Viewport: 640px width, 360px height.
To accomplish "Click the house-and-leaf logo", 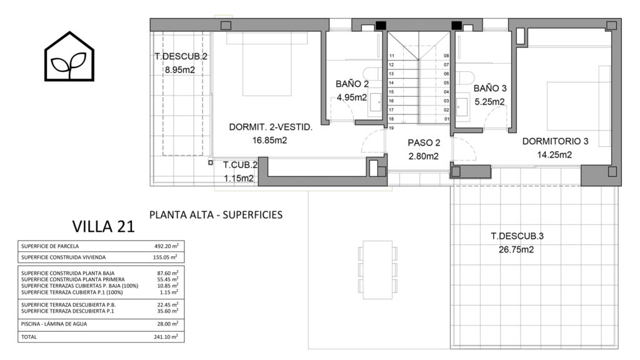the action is [69, 56].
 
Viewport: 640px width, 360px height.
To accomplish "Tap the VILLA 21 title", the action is [103, 226].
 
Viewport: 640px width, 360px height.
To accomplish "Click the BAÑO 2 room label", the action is [352, 84].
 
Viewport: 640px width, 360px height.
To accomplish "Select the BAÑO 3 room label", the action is [490, 88].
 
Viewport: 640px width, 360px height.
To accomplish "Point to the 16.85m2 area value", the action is [269, 141].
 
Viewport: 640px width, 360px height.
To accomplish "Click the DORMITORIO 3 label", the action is [555, 141].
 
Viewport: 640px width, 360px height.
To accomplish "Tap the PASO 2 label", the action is [424, 143].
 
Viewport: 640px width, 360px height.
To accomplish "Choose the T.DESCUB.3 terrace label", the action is [517, 236].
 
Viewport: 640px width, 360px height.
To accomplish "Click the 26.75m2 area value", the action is [516, 250].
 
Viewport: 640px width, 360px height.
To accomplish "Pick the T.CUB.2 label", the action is [240, 165].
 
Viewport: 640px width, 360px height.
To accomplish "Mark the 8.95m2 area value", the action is [179, 70].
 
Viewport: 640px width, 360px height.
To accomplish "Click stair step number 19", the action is [391, 128].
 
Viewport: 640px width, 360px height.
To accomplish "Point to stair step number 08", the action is [446, 56].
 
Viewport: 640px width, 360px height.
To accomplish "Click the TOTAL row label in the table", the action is [29, 337].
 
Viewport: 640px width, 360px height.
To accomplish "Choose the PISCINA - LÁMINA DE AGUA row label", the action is [54, 324].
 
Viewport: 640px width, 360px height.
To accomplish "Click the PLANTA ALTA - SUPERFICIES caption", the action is [216, 215].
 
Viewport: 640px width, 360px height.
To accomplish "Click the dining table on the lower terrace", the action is [377, 269].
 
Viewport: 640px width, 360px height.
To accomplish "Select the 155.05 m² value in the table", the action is [165, 257].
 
